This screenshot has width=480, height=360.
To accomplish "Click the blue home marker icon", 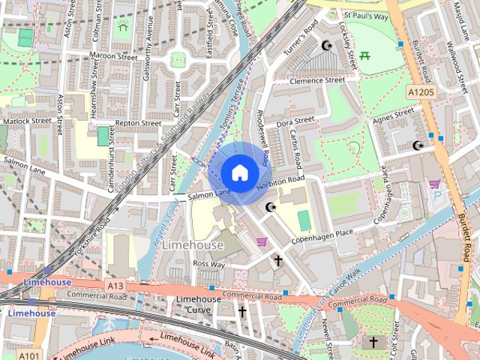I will [238, 172].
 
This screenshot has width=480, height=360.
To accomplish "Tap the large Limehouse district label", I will [193, 245].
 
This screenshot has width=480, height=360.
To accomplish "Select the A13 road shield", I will [115, 286].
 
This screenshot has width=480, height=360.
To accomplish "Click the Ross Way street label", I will [208, 264].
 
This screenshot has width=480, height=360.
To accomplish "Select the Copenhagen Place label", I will [322, 233].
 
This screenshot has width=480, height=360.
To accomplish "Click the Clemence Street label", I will [316, 80].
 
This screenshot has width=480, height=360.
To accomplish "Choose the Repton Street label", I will [138, 123].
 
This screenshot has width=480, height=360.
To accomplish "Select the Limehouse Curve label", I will [198, 304].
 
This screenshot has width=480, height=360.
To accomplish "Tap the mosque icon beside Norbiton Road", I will [271, 207].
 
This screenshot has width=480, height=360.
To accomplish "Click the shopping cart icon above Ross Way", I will [261, 241].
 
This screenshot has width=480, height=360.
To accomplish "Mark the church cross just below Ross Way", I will [277, 260].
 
